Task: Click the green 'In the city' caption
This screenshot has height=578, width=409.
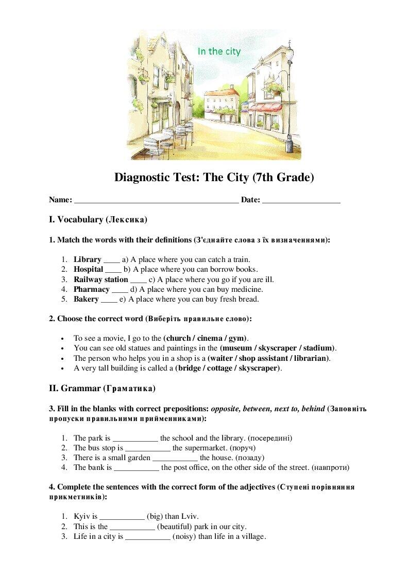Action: point(219,51)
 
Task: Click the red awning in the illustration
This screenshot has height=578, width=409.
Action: point(266,108)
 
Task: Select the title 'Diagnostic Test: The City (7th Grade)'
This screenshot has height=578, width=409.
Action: point(214,178)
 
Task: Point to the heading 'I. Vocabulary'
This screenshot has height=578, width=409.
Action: point(98,220)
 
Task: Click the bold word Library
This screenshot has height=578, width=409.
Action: point(87,259)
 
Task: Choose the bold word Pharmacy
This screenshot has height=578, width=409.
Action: point(91,289)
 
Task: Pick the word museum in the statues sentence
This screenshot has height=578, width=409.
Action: point(236,348)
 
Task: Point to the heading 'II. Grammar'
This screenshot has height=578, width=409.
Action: point(102,388)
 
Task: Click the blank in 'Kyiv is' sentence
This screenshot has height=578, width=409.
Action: point(122,517)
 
